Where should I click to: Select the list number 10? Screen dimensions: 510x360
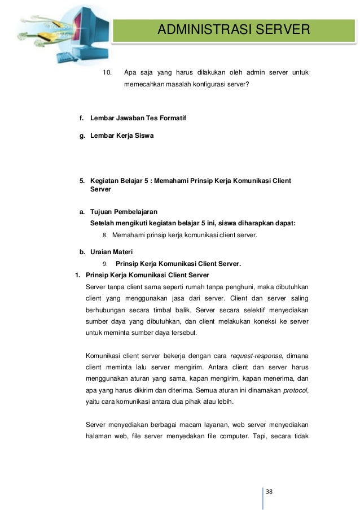pyautogui.click(x=107, y=72)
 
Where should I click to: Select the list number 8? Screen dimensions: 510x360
pyautogui.click(x=104, y=234)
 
